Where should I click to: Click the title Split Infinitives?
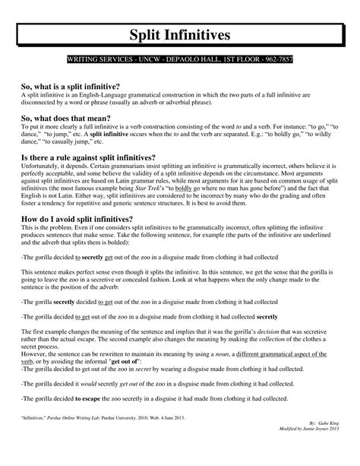(179, 35)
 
